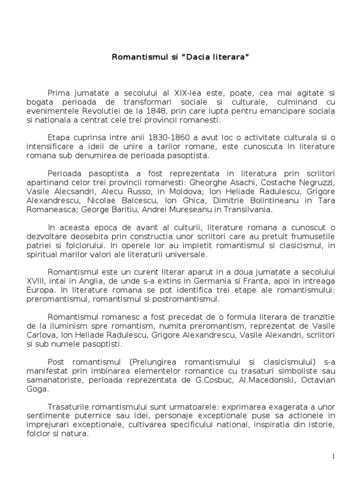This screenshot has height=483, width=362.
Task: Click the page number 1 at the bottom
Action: (333, 456)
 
